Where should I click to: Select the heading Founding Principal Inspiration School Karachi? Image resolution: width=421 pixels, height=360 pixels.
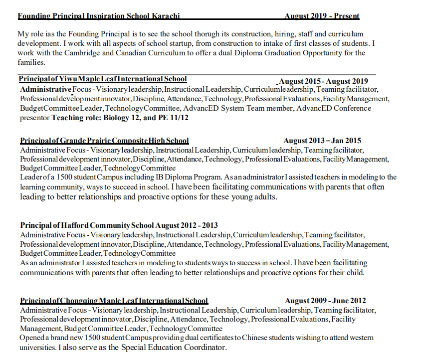coord(99,16)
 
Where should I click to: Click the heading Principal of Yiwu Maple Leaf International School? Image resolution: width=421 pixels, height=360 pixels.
coord(103,79)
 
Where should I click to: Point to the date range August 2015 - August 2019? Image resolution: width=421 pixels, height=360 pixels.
coord(324,81)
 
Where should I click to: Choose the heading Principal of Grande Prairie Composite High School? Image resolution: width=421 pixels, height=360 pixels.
coord(104,141)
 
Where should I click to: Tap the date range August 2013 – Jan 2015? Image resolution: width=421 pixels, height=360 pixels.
coord(322,141)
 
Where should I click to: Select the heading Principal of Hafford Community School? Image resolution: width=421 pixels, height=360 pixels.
coord(87,225)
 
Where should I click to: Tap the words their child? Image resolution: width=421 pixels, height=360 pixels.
coord(348,273)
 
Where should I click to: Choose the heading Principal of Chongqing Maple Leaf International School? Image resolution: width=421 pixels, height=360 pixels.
coord(114,301)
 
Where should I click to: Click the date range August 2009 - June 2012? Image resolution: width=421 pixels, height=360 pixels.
coord(325,301)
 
